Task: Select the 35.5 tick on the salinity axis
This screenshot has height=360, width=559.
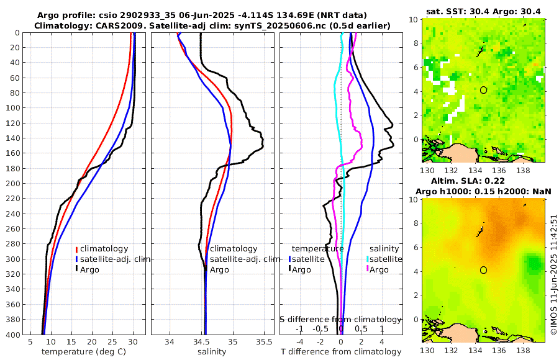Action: (x=264, y=342)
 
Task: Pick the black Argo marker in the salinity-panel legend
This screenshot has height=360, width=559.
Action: (x=206, y=269)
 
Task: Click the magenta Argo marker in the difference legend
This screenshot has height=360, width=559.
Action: (x=368, y=269)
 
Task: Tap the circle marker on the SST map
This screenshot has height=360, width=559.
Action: (x=483, y=90)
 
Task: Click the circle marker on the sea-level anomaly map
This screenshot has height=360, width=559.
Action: (x=483, y=270)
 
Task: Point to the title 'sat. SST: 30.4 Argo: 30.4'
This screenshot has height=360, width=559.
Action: (x=484, y=12)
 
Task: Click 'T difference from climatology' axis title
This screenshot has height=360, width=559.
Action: (x=340, y=352)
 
